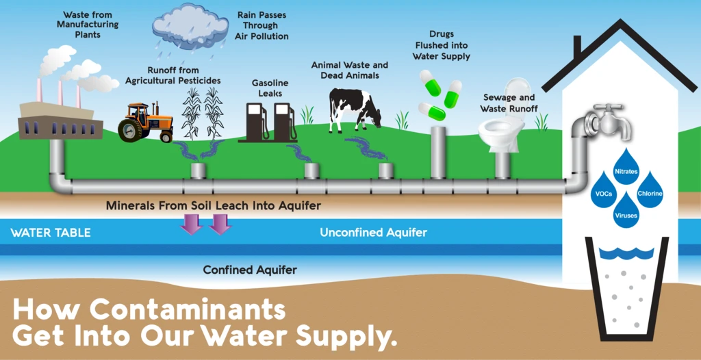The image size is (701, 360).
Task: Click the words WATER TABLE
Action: pos(51,233)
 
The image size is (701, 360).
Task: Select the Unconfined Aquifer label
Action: pos(373,233)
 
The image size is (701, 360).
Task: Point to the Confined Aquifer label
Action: pos(250,270)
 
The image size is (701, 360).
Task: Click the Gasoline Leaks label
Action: pos(270,88)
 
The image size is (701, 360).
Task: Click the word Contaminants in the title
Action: pos(188,310)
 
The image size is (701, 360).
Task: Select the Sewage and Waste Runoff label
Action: pos(509,103)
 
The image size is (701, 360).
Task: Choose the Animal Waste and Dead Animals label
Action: pos(349,70)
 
